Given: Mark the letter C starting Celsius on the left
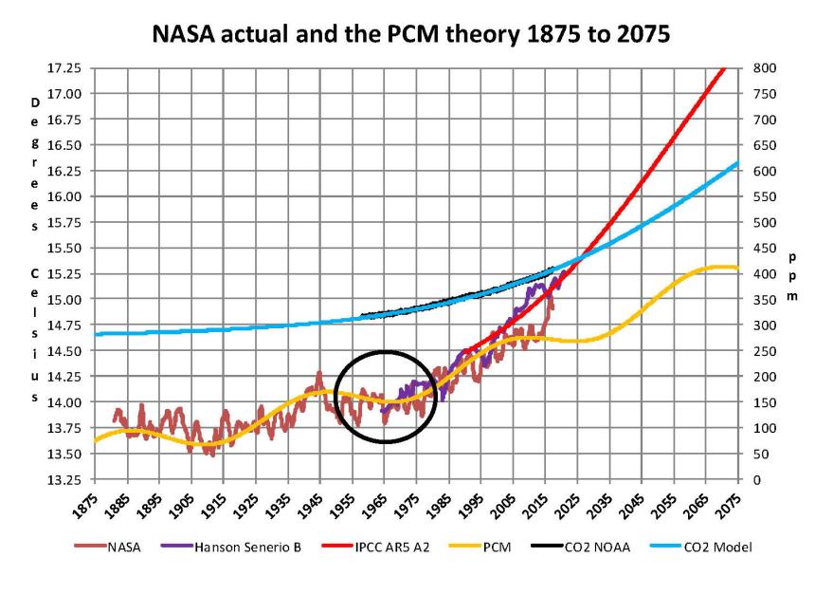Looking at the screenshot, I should coord(35,274).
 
